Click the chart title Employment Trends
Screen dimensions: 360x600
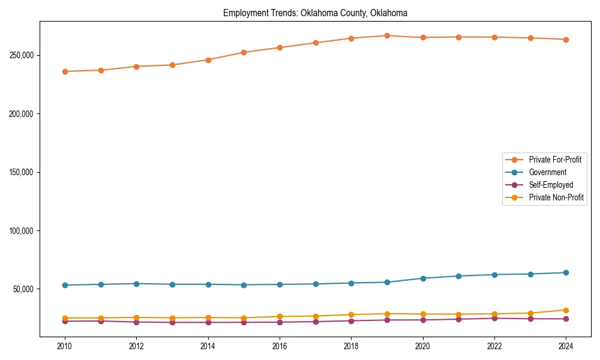315,13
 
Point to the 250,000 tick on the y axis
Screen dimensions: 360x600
22,55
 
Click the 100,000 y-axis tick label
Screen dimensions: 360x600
22,231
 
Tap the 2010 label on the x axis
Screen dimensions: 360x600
65,346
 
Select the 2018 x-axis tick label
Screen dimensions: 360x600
351,346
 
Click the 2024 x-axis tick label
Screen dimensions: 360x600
566,346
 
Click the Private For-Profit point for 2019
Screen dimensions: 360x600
387,36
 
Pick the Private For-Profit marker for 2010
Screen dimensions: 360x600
65,71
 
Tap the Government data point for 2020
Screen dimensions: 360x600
423,278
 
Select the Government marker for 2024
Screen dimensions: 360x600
566,272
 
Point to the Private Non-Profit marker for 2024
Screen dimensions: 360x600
566,310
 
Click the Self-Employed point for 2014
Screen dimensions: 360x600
208,322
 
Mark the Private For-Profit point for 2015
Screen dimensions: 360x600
244,52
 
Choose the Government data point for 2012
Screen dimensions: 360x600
136,284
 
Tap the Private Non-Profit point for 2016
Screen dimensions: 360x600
280,316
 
